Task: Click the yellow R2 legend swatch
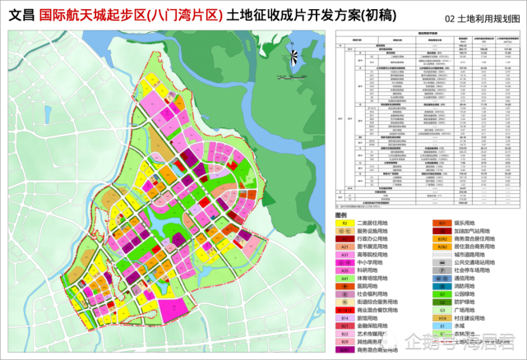click(x=346, y=223)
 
